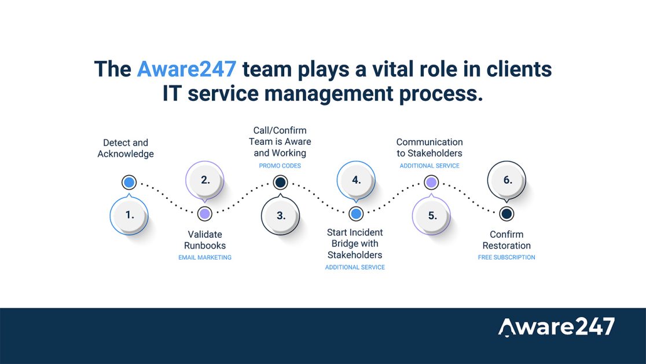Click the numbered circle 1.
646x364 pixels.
(129, 216)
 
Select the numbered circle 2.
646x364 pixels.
(205, 180)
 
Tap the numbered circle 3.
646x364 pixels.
(281, 216)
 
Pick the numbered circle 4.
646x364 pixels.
(356, 180)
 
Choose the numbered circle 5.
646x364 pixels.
(431, 216)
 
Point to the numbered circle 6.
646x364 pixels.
(506, 180)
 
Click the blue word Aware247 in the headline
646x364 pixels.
(186, 69)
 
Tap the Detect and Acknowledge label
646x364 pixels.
(126, 148)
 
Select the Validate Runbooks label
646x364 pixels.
(205, 240)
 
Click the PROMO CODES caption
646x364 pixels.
(280, 166)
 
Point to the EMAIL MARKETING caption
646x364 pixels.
(205, 257)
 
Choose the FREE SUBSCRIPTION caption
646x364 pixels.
(506, 257)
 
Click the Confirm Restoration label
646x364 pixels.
(506, 240)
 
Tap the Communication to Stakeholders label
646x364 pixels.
(430, 148)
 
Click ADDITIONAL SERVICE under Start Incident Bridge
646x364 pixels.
(355, 267)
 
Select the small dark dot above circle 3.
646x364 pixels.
(280, 182)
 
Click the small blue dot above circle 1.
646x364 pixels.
(129, 182)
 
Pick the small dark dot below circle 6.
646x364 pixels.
(506, 214)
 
